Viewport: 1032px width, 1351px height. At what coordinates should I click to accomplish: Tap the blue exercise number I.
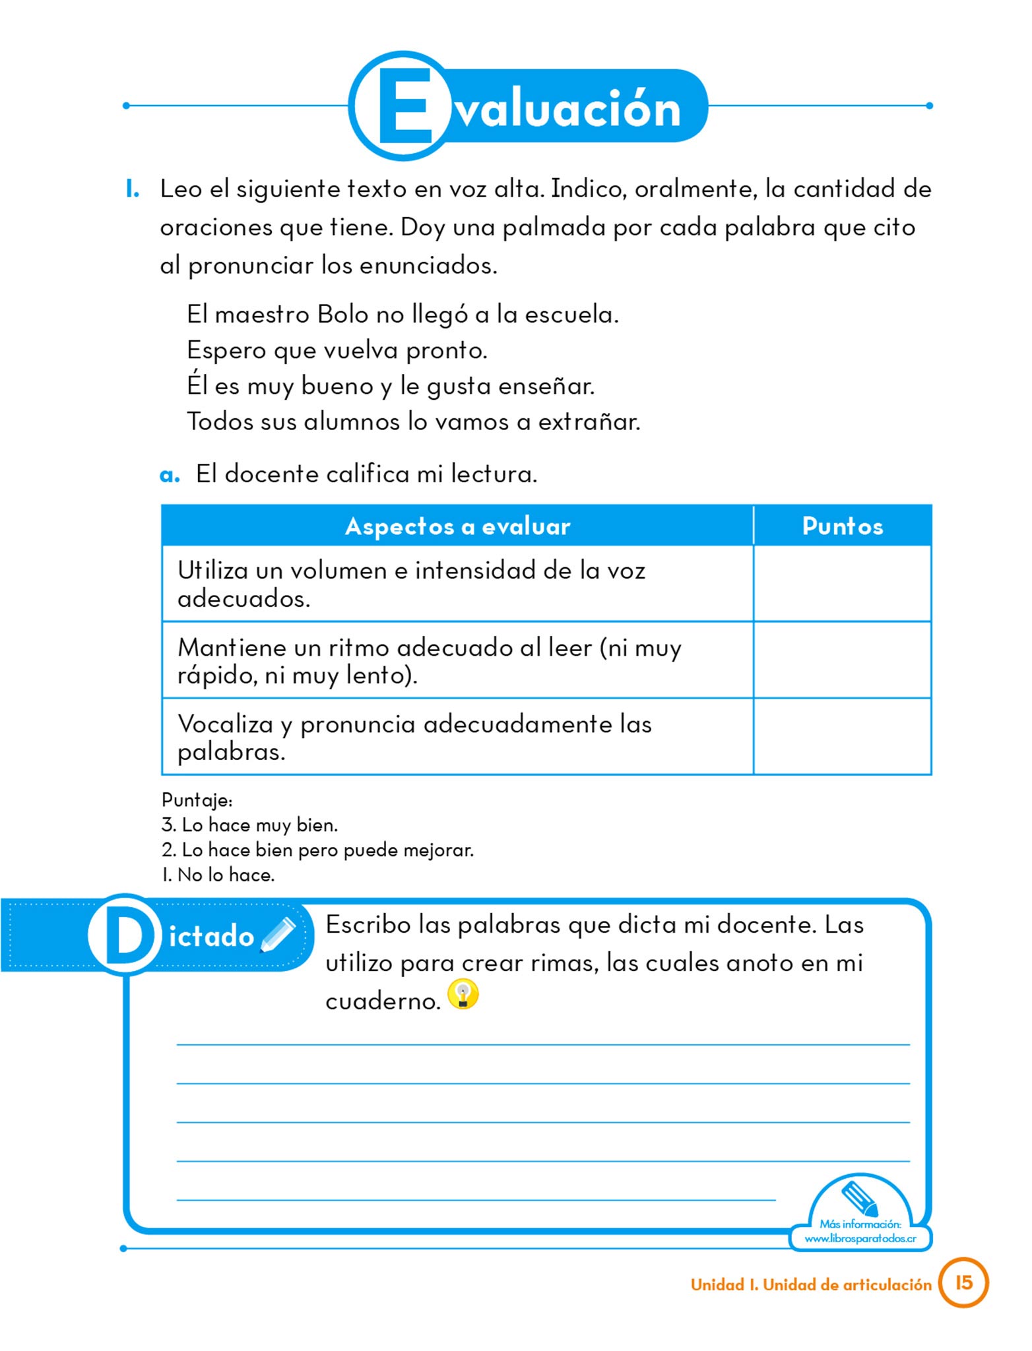[x=133, y=189]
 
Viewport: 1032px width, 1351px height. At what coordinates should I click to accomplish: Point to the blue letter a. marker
[x=170, y=475]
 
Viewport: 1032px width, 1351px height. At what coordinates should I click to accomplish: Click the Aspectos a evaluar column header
[x=457, y=526]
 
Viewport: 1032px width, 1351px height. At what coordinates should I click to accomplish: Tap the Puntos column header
[x=842, y=526]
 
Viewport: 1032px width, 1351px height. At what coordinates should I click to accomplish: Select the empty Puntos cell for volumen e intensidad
[x=842, y=584]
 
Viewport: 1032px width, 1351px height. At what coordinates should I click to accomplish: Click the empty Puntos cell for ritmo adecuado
[x=842, y=660]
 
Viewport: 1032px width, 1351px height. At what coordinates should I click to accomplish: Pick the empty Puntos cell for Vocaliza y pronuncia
[x=842, y=737]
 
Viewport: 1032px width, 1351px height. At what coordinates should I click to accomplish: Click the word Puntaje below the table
[x=197, y=800]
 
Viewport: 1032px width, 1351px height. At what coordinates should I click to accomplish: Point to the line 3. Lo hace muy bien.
[x=249, y=825]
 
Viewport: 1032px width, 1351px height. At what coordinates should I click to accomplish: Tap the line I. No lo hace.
[x=218, y=875]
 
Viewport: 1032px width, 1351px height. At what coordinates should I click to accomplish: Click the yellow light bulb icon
[x=463, y=995]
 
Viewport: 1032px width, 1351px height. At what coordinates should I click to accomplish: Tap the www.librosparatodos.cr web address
[x=860, y=1239]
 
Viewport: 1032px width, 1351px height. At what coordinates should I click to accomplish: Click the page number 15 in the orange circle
[x=963, y=1282]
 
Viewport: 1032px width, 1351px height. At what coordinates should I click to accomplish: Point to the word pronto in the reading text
[x=446, y=351]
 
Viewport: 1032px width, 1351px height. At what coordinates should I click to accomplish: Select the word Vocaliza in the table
[x=225, y=724]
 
